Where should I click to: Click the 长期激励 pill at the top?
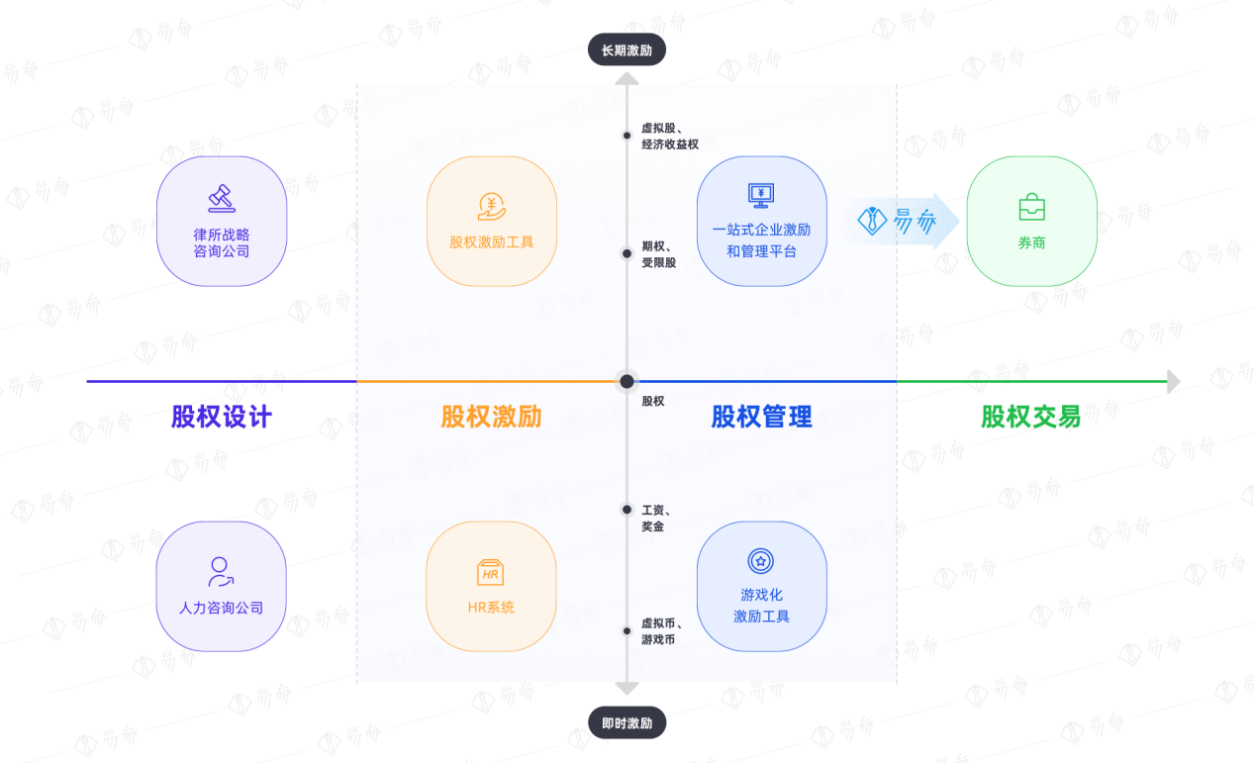click(x=627, y=49)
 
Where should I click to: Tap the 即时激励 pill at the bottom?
click(x=627, y=722)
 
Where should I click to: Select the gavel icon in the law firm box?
click(x=222, y=198)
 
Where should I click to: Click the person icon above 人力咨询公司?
click(x=221, y=572)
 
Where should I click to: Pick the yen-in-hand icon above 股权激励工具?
click(x=492, y=207)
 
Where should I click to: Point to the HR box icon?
click(x=490, y=572)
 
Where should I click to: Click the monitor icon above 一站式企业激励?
click(x=761, y=195)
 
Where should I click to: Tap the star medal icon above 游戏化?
click(x=761, y=561)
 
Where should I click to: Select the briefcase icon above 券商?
click(x=1031, y=207)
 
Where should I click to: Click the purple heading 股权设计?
click(x=222, y=417)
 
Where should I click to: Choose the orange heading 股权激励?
click(x=492, y=417)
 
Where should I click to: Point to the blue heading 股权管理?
click(x=761, y=417)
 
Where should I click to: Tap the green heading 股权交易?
click(x=1031, y=417)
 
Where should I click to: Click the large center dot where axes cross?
click(x=627, y=381)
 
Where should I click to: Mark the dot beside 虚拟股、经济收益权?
click(x=627, y=136)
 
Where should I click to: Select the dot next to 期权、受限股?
click(x=627, y=253)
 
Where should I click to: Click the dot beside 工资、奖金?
click(x=627, y=510)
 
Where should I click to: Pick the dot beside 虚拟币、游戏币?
click(x=627, y=631)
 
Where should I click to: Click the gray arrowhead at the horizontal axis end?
click(x=1174, y=381)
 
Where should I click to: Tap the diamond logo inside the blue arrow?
click(x=872, y=221)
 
